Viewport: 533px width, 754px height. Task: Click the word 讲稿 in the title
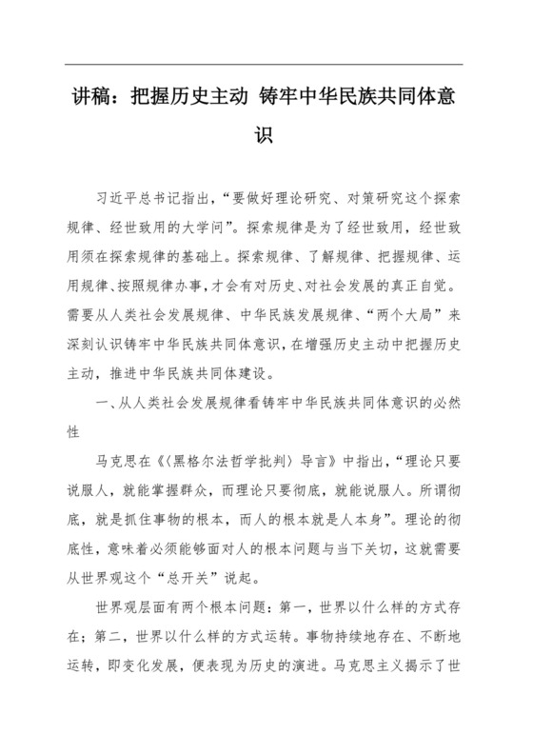click(91, 98)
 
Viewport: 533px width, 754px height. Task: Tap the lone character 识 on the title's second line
click(266, 133)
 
